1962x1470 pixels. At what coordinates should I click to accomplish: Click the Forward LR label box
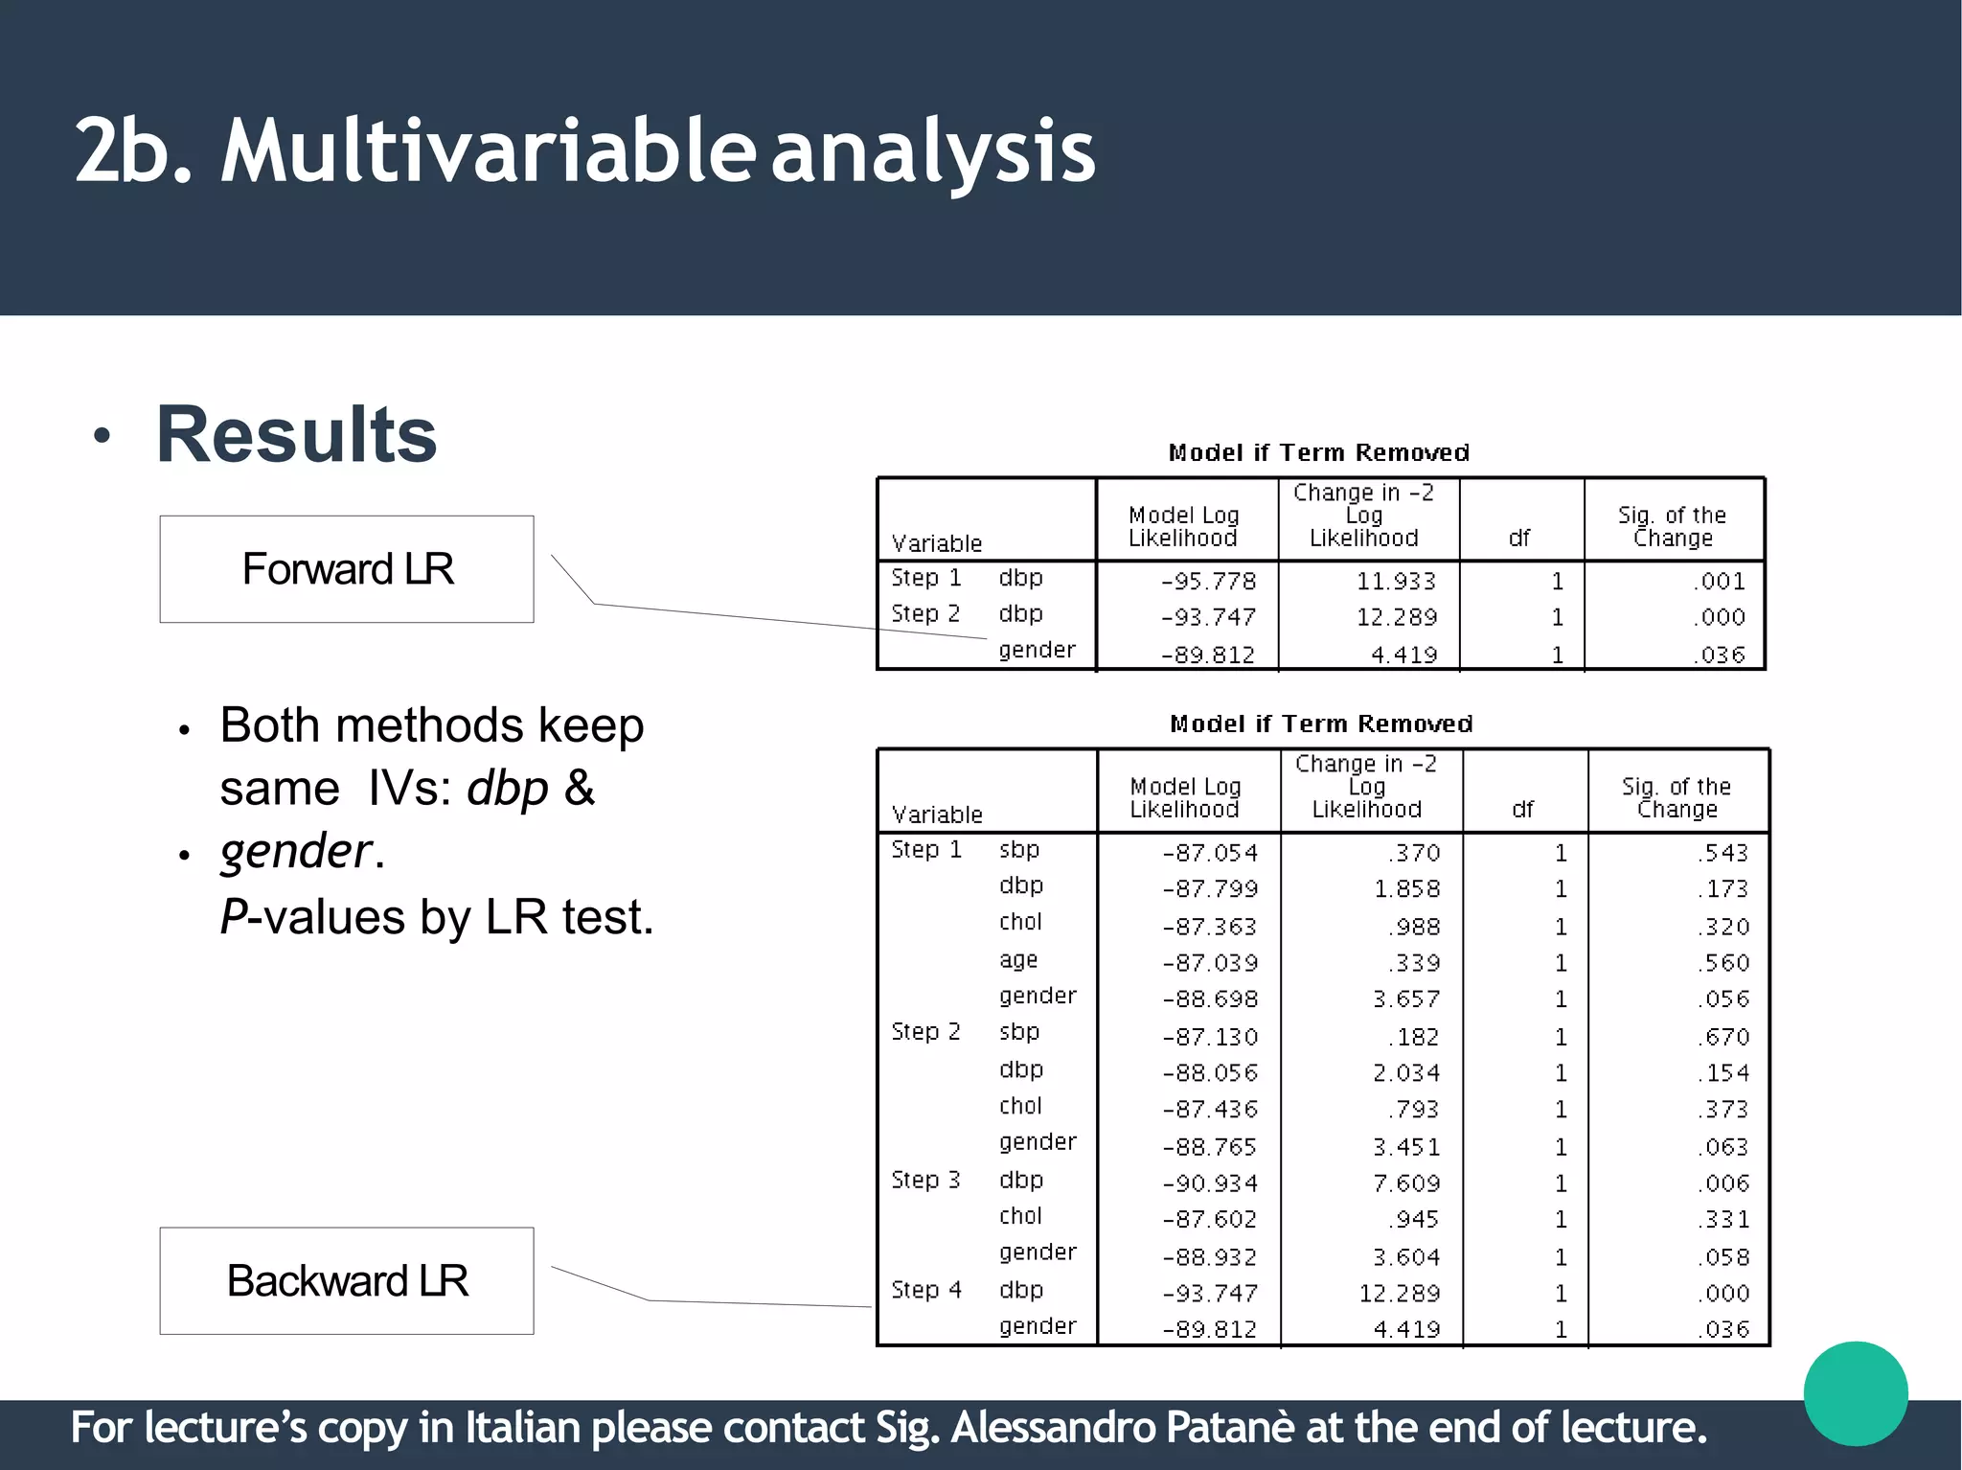[347, 569]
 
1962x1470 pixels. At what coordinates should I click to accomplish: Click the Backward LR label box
[347, 1281]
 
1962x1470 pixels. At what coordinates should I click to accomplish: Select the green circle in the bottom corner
[1856, 1393]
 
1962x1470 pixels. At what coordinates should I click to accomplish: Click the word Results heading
[296, 435]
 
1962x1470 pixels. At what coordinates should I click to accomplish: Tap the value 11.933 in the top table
[1396, 582]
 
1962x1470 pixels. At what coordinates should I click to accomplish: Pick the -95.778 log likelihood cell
[1208, 582]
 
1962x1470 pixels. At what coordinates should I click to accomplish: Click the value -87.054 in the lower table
[1210, 853]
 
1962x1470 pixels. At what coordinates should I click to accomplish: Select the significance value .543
[1722, 853]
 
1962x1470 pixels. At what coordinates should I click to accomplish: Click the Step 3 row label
[925, 1181]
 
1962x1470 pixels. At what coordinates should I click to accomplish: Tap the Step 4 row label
[925, 1291]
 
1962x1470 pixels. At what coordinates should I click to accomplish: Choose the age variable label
[1018, 960]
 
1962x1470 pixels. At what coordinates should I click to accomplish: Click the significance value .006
[1722, 1183]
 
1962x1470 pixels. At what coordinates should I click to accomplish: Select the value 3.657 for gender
[1405, 999]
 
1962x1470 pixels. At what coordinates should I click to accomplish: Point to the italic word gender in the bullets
[295, 851]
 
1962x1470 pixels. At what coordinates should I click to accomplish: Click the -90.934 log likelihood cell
[1210, 1183]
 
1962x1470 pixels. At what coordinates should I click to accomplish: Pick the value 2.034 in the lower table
[1405, 1073]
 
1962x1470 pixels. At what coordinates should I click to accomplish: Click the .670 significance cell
[1722, 1037]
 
